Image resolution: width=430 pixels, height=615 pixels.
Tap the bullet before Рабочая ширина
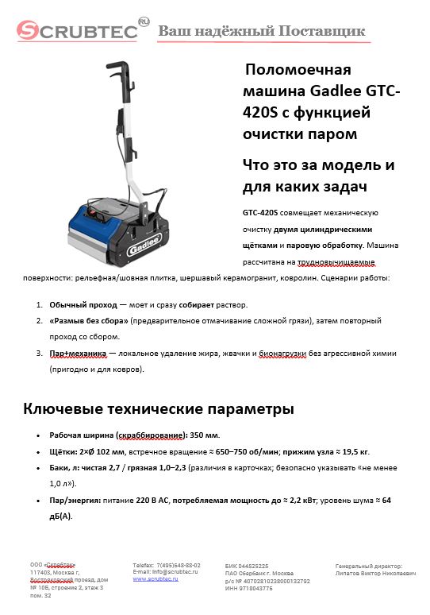tap(39, 436)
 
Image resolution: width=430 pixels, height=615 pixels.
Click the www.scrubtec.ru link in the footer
tap(155, 579)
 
